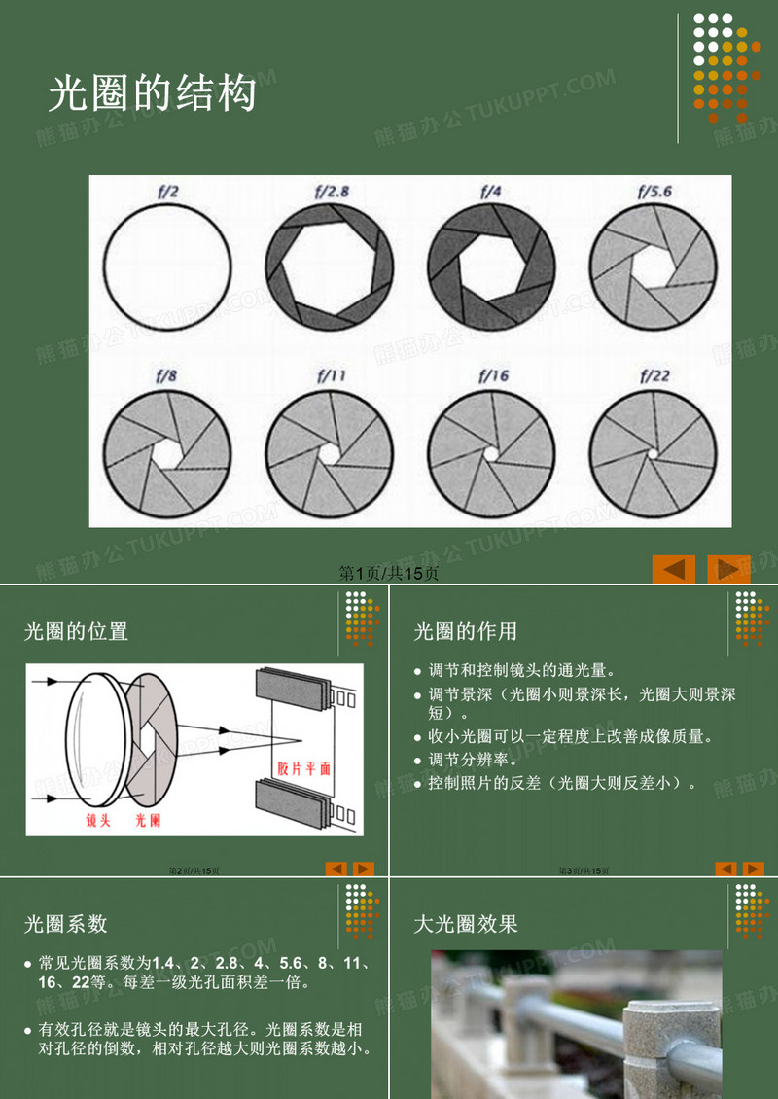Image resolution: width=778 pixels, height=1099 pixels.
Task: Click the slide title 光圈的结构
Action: tap(153, 94)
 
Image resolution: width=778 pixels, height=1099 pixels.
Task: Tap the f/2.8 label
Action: tap(330, 192)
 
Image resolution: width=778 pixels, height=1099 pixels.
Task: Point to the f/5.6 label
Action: tap(654, 192)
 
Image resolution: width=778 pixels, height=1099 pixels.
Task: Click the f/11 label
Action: tap(330, 374)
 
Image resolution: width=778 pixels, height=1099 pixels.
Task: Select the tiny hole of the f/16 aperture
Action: tap(492, 453)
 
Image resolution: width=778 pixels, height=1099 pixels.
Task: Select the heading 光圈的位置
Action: tap(76, 631)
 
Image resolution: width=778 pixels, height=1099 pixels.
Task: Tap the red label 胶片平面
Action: tap(304, 767)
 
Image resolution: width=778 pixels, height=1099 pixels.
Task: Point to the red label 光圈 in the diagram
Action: tap(147, 821)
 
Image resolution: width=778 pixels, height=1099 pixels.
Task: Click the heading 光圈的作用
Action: tap(466, 631)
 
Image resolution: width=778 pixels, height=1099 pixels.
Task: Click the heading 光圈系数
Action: tap(65, 923)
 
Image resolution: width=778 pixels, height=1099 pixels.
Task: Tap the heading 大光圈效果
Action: tap(466, 923)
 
